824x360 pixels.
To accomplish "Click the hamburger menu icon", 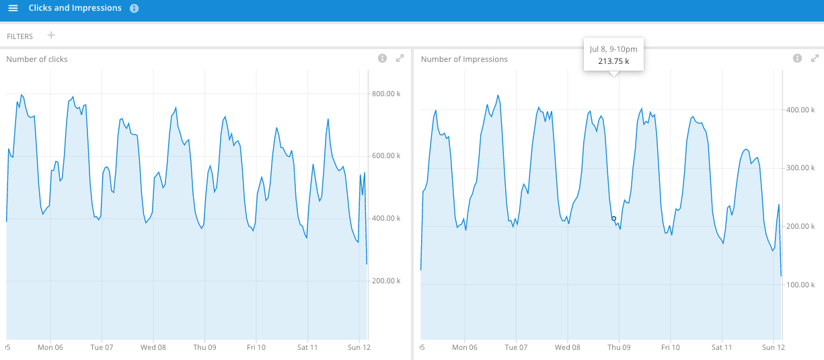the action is pyautogui.click(x=13, y=8).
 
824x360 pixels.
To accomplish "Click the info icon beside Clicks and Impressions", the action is pyautogui.click(x=135, y=9).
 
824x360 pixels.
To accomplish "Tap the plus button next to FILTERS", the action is pyautogui.click(x=51, y=36).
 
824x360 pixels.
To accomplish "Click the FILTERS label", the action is pyautogui.click(x=20, y=36).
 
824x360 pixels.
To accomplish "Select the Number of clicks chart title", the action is pyautogui.click(x=37, y=59).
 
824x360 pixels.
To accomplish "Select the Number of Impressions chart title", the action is pyautogui.click(x=464, y=59).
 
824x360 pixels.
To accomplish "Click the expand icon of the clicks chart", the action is pyautogui.click(x=400, y=58).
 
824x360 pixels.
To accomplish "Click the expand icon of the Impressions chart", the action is pyautogui.click(x=815, y=58).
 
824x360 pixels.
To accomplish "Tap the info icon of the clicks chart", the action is pyautogui.click(x=382, y=58).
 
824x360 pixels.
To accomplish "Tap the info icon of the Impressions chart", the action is pyautogui.click(x=797, y=58).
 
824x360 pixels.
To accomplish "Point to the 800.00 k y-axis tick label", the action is pyautogui.click(x=386, y=94).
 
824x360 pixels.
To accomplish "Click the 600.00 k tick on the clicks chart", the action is pyautogui.click(x=386, y=155).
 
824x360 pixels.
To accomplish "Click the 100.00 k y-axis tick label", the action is pyautogui.click(x=800, y=285).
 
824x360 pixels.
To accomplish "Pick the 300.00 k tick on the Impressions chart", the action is pyautogui.click(x=800, y=168).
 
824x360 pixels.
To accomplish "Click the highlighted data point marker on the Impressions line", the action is pyautogui.click(x=613, y=219).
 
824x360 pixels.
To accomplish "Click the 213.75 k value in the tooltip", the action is pyautogui.click(x=613, y=61).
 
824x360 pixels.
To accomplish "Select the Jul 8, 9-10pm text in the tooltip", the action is pyautogui.click(x=613, y=49).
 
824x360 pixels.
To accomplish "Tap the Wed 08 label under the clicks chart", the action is pyautogui.click(x=153, y=347).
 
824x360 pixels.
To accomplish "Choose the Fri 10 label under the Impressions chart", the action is pyautogui.click(x=671, y=347).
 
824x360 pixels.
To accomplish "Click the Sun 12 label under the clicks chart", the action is pyautogui.click(x=359, y=347).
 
